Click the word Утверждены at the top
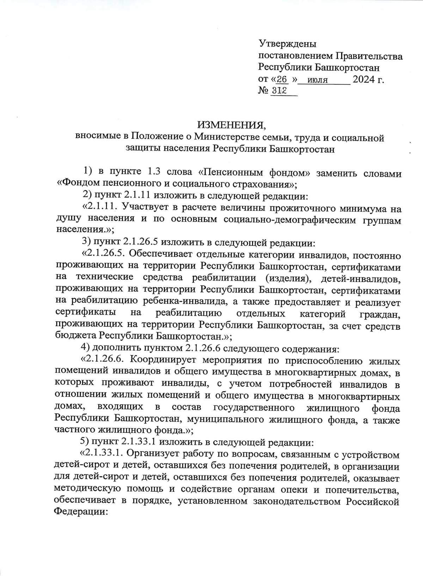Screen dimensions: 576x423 pyautogui.click(x=288, y=44)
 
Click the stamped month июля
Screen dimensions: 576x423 pyautogui.click(x=317, y=80)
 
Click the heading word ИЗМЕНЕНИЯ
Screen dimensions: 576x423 pyautogui.click(x=231, y=125)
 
